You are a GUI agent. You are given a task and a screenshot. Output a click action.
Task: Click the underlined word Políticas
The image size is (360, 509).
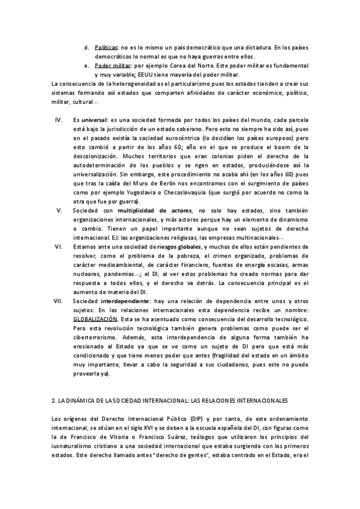click(x=106, y=46)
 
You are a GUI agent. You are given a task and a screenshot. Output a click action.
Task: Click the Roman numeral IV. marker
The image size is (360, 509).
click(x=58, y=120)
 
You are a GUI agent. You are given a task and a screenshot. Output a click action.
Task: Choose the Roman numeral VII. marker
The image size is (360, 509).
click(x=59, y=300)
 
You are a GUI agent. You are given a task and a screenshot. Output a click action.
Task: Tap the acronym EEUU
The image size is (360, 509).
click(x=146, y=74)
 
